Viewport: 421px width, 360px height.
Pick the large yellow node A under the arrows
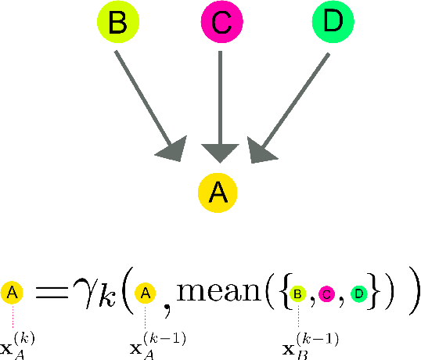[x=219, y=193]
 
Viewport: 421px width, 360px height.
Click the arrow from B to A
[x=145, y=101]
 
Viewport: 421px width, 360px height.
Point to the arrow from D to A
[x=293, y=101]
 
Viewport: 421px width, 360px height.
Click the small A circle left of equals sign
[x=14, y=294]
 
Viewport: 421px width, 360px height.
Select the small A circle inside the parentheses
[x=145, y=294]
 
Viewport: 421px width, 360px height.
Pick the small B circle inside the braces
[x=298, y=294]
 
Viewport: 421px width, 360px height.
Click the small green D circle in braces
[x=358, y=294]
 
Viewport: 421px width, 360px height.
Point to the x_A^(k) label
[x=15, y=344]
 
